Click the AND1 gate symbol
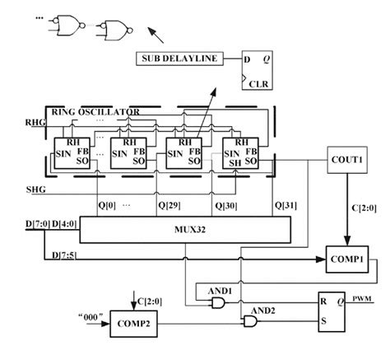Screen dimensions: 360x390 pyautogui.click(x=219, y=304)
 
